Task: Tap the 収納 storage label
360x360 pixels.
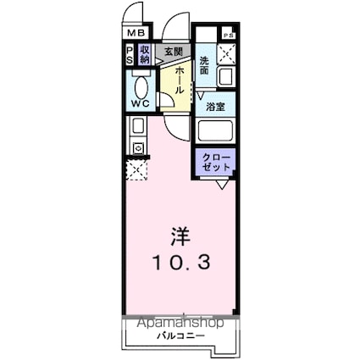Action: point(145,55)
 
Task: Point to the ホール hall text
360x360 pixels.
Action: point(180,80)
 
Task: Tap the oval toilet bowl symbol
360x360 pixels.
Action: point(140,86)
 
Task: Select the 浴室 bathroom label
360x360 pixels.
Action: point(215,108)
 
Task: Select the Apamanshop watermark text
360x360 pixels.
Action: point(178,324)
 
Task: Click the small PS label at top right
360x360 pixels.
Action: point(227,35)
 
